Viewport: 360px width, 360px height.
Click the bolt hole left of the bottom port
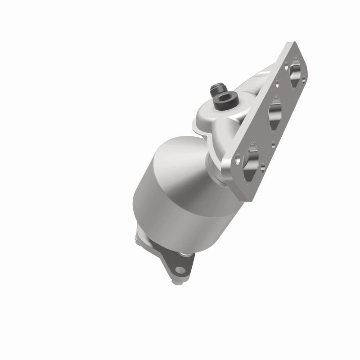click(237, 157)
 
